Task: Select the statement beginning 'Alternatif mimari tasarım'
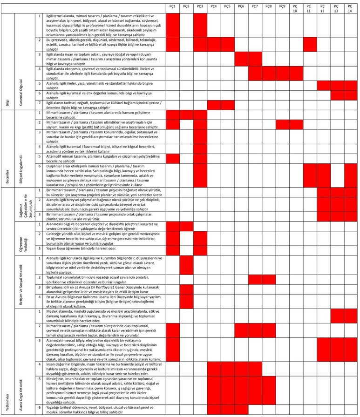click(x=102, y=158)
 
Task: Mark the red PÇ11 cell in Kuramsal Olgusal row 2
click(x=310, y=45)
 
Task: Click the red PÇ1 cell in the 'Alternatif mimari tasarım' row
click(x=173, y=158)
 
